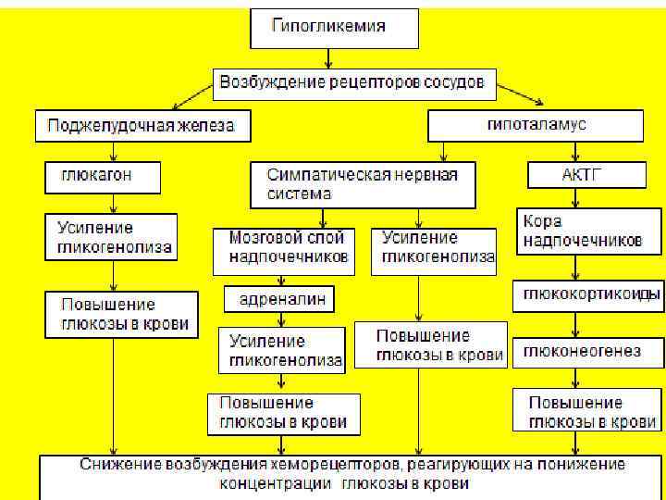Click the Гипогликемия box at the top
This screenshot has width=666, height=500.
click(333, 29)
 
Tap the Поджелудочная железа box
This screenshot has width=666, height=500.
click(143, 126)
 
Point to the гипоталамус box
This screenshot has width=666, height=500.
click(535, 125)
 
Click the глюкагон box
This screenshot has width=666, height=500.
click(103, 174)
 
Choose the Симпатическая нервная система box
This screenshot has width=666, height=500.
click(363, 184)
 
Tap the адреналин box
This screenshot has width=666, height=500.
click(278, 299)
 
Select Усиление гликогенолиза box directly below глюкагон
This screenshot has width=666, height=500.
click(112, 238)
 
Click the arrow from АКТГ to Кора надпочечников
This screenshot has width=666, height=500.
click(576, 196)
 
